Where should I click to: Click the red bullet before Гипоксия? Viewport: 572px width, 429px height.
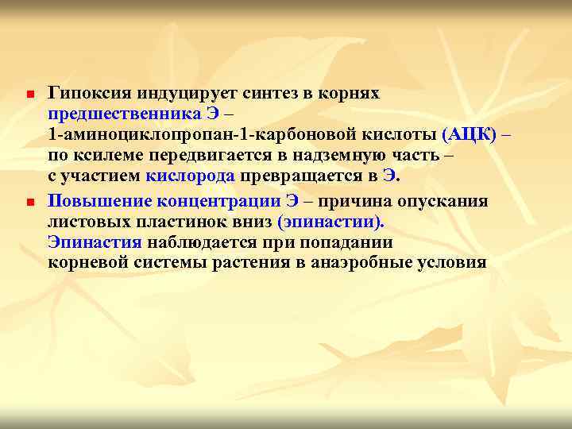coord(26,95)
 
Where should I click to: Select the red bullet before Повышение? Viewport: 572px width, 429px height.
coord(26,202)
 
